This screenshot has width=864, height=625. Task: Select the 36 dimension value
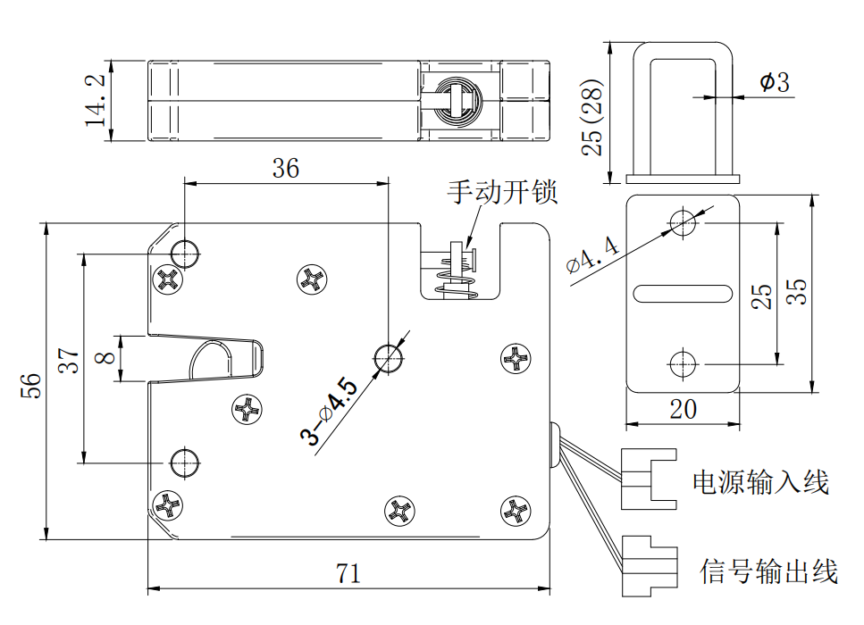[x=286, y=168]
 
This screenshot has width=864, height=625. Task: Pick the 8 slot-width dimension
[x=105, y=357]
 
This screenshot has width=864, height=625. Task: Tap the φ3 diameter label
[x=775, y=83]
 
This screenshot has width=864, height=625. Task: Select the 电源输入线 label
[x=760, y=483]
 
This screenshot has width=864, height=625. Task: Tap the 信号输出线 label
[x=768, y=571]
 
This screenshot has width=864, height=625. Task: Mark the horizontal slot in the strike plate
[x=683, y=292]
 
